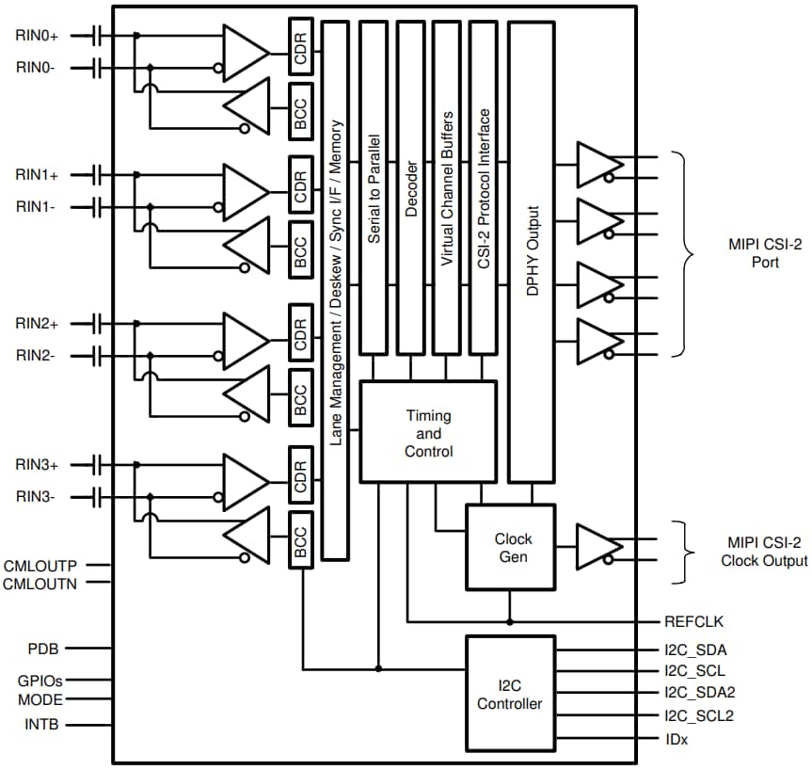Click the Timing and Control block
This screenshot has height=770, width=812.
[x=428, y=433]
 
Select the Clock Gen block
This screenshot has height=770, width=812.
[x=512, y=547]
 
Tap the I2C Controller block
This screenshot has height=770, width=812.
[x=510, y=694]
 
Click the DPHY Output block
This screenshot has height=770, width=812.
[x=532, y=252]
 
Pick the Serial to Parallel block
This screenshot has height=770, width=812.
[x=374, y=188]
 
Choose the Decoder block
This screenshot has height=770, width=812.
[x=410, y=188]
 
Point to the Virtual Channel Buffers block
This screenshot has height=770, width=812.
[x=447, y=188]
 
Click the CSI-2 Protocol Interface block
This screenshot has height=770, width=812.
[x=484, y=188]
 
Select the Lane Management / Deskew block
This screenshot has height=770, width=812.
[x=335, y=290]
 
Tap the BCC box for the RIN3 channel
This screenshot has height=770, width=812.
[x=301, y=540]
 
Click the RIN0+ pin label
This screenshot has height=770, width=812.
[x=37, y=36]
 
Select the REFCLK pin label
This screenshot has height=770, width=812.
[x=693, y=621]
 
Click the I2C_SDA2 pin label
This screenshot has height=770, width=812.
[x=699, y=692]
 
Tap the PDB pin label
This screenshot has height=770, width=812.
[x=42, y=649]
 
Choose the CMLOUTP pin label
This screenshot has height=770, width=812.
[x=40, y=566]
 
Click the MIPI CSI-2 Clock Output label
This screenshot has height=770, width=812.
[x=763, y=552]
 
